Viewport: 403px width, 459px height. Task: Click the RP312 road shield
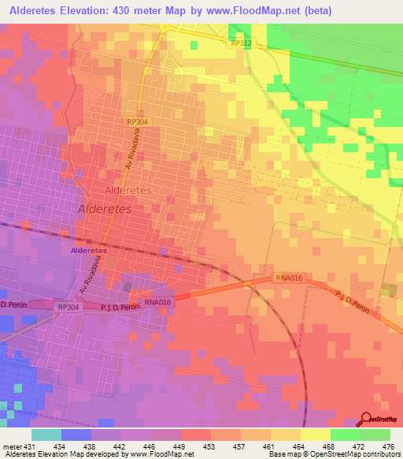click(241, 43)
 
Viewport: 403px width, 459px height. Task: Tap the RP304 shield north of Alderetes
click(136, 122)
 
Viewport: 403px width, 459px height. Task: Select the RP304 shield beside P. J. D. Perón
click(68, 307)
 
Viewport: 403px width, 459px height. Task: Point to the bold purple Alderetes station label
click(89, 250)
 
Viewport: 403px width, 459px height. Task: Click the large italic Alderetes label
click(109, 208)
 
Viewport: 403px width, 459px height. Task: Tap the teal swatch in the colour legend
click(46, 435)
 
